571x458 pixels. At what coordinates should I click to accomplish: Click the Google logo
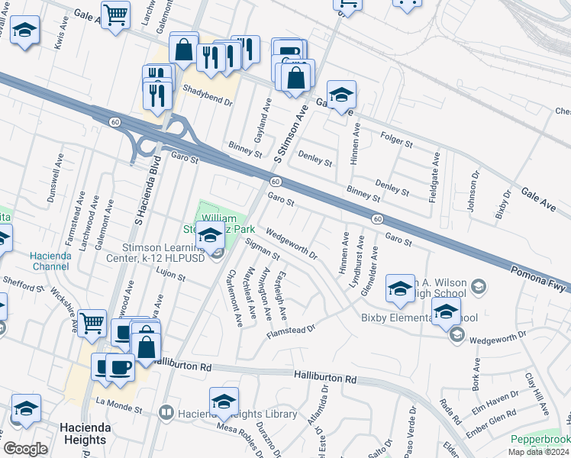click(26, 449)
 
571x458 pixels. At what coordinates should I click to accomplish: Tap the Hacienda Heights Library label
click(237, 413)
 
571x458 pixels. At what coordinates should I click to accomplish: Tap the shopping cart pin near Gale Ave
click(115, 14)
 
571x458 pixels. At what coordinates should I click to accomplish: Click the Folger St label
click(395, 139)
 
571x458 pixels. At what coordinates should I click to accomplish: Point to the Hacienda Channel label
click(51, 261)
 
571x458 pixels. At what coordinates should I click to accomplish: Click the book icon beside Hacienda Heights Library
click(166, 413)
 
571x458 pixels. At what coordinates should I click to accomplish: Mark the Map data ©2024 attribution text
click(539, 452)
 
